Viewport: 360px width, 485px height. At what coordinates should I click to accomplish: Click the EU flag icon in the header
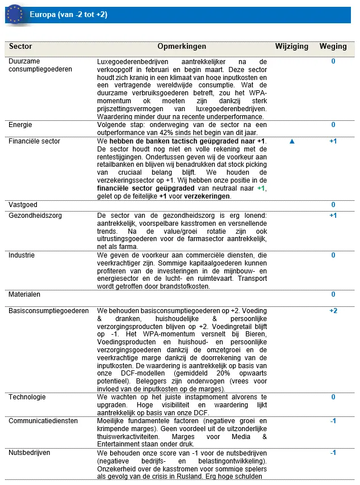15,14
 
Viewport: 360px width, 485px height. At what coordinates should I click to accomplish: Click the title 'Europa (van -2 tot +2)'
68,14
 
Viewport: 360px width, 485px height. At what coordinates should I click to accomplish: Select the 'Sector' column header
21,47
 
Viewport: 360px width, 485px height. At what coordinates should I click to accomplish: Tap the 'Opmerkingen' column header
182,47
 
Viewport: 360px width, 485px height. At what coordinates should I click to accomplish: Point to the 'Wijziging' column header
292,47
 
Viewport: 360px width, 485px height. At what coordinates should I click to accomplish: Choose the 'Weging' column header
333,47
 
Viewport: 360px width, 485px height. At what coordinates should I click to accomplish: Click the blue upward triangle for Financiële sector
292,141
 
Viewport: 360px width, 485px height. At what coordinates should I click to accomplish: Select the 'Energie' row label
20,125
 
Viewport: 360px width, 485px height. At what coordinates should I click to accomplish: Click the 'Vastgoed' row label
23,204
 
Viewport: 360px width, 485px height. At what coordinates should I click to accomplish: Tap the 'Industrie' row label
22,255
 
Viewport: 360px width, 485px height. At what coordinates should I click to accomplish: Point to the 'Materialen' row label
24,294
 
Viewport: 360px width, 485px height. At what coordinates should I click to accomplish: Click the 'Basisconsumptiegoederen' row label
48,311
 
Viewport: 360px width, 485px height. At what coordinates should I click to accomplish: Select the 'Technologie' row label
27,397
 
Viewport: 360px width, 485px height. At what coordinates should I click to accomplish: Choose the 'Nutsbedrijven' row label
30,453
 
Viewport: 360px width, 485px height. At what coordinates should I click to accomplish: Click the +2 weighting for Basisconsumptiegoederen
333,311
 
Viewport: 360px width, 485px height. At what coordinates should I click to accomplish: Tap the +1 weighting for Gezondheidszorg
333,216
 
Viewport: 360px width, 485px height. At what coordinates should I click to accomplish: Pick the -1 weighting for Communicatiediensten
333,421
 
